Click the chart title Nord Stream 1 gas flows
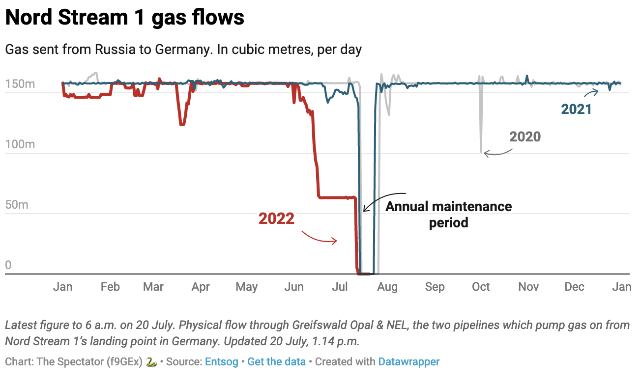(x=124, y=18)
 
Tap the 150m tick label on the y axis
(x=20, y=84)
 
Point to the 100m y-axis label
(x=20, y=144)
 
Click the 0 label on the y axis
(x=8, y=266)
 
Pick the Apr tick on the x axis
(x=201, y=287)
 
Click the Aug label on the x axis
(x=387, y=287)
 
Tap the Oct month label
(x=481, y=287)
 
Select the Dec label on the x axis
(x=574, y=287)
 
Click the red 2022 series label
(x=276, y=219)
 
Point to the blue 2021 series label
(x=576, y=109)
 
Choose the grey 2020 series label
(x=525, y=137)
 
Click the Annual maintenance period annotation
(x=448, y=215)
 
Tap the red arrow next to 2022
(x=320, y=237)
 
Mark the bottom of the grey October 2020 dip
(x=481, y=152)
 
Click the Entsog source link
(x=221, y=362)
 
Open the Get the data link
(x=276, y=362)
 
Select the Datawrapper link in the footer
(x=408, y=362)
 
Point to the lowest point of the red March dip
(x=181, y=125)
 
